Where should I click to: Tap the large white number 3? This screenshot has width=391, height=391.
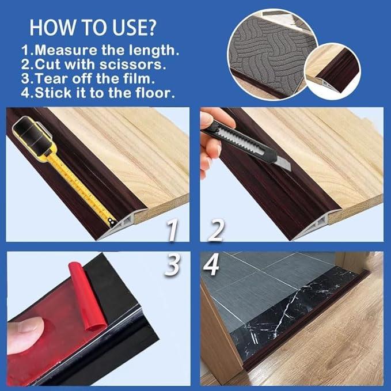173,267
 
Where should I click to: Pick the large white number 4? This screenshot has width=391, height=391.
212,267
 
